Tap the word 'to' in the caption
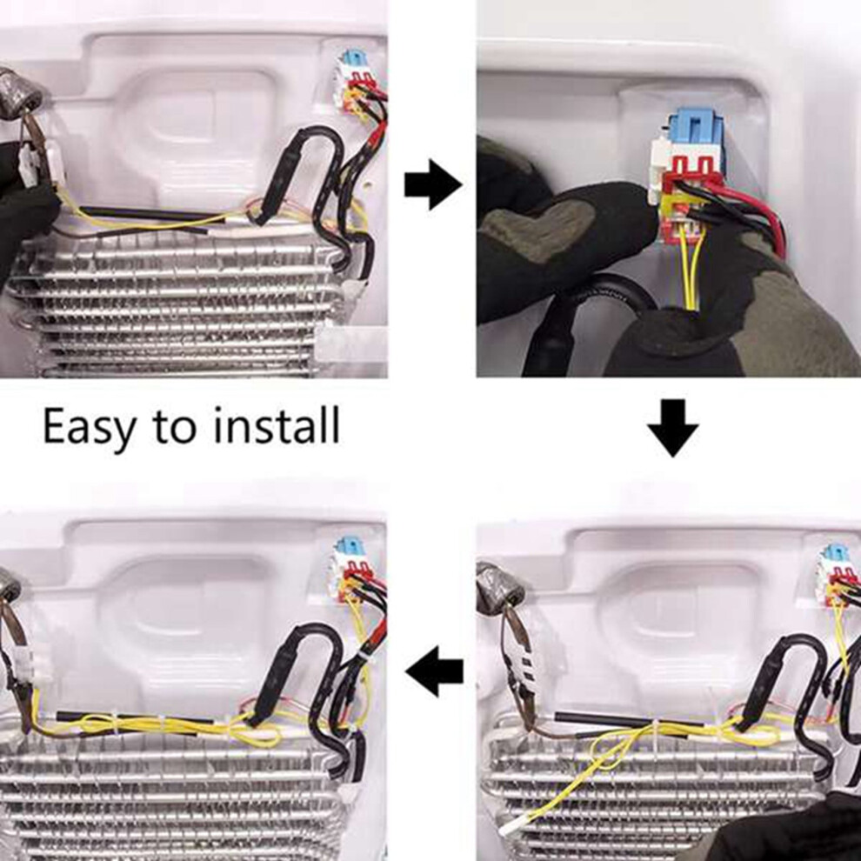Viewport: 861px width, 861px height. tap(175, 427)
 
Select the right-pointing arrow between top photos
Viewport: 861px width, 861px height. tap(433, 184)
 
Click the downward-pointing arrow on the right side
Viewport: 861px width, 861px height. tap(672, 428)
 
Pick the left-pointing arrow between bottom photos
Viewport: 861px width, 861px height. tap(434, 671)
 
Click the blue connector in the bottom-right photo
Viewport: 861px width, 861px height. tap(835, 553)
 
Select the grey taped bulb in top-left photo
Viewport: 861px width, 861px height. tap(21, 90)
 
